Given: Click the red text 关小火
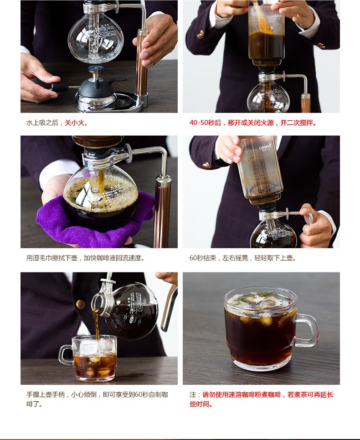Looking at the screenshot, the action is [x=74, y=123].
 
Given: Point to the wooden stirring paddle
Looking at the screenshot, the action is [x=261, y=17].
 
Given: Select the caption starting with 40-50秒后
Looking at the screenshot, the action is [x=253, y=123].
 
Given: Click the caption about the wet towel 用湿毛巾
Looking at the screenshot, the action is [x=85, y=258].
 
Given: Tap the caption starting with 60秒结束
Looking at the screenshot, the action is [x=242, y=258].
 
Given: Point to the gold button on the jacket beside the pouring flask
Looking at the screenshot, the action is [x=80, y=304].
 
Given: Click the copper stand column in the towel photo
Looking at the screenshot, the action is [x=162, y=210].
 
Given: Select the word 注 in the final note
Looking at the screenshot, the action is [x=193, y=394].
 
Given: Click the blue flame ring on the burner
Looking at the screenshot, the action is [x=96, y=68].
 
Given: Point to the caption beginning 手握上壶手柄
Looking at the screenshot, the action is [x=97, y=399].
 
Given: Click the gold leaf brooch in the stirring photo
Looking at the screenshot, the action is [x=200, y=35].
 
